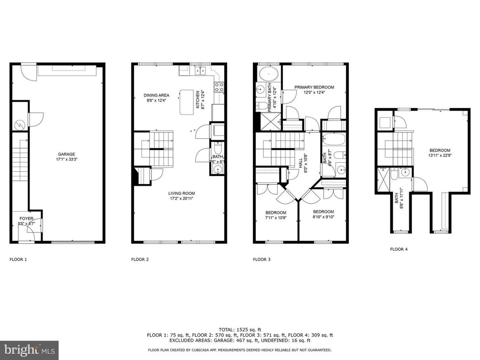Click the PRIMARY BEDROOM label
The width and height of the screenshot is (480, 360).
tap(314, 87)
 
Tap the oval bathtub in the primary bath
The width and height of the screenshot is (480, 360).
tap(267, 73)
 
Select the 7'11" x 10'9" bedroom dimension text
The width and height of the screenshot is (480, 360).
tap(275, 218)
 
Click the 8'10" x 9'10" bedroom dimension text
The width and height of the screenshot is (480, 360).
tap(323, 217)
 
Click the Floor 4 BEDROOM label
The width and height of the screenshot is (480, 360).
tap(440, 150)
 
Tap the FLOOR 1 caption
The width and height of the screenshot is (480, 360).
tap(18, 259)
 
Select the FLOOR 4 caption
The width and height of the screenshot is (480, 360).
tap(399, 249)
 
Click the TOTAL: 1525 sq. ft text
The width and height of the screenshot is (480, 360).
tap(240, 329)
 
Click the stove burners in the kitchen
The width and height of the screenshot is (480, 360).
tap(219, 87)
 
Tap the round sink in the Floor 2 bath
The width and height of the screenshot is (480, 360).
tap(217, 169)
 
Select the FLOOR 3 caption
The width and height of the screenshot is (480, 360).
tap(262, 259)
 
